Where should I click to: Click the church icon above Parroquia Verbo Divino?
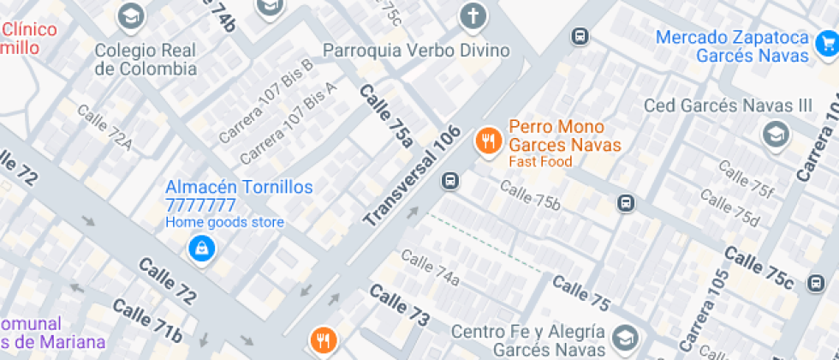pos(472,15)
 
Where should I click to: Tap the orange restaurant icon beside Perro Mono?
pos(489,139)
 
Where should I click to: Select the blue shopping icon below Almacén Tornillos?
pos(201,249)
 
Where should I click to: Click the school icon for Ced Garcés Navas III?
pos(776,133)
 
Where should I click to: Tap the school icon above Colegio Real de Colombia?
pos(131,15)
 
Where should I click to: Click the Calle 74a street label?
pos(430,267)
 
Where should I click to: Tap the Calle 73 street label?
pos(399,305)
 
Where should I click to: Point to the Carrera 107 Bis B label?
pos(266,101)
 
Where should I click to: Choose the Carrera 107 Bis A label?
pos(288,123)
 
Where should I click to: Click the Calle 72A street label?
pos(105,128)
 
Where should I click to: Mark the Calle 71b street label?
pos(147,321)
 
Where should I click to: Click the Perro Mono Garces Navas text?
pos(564,135)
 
